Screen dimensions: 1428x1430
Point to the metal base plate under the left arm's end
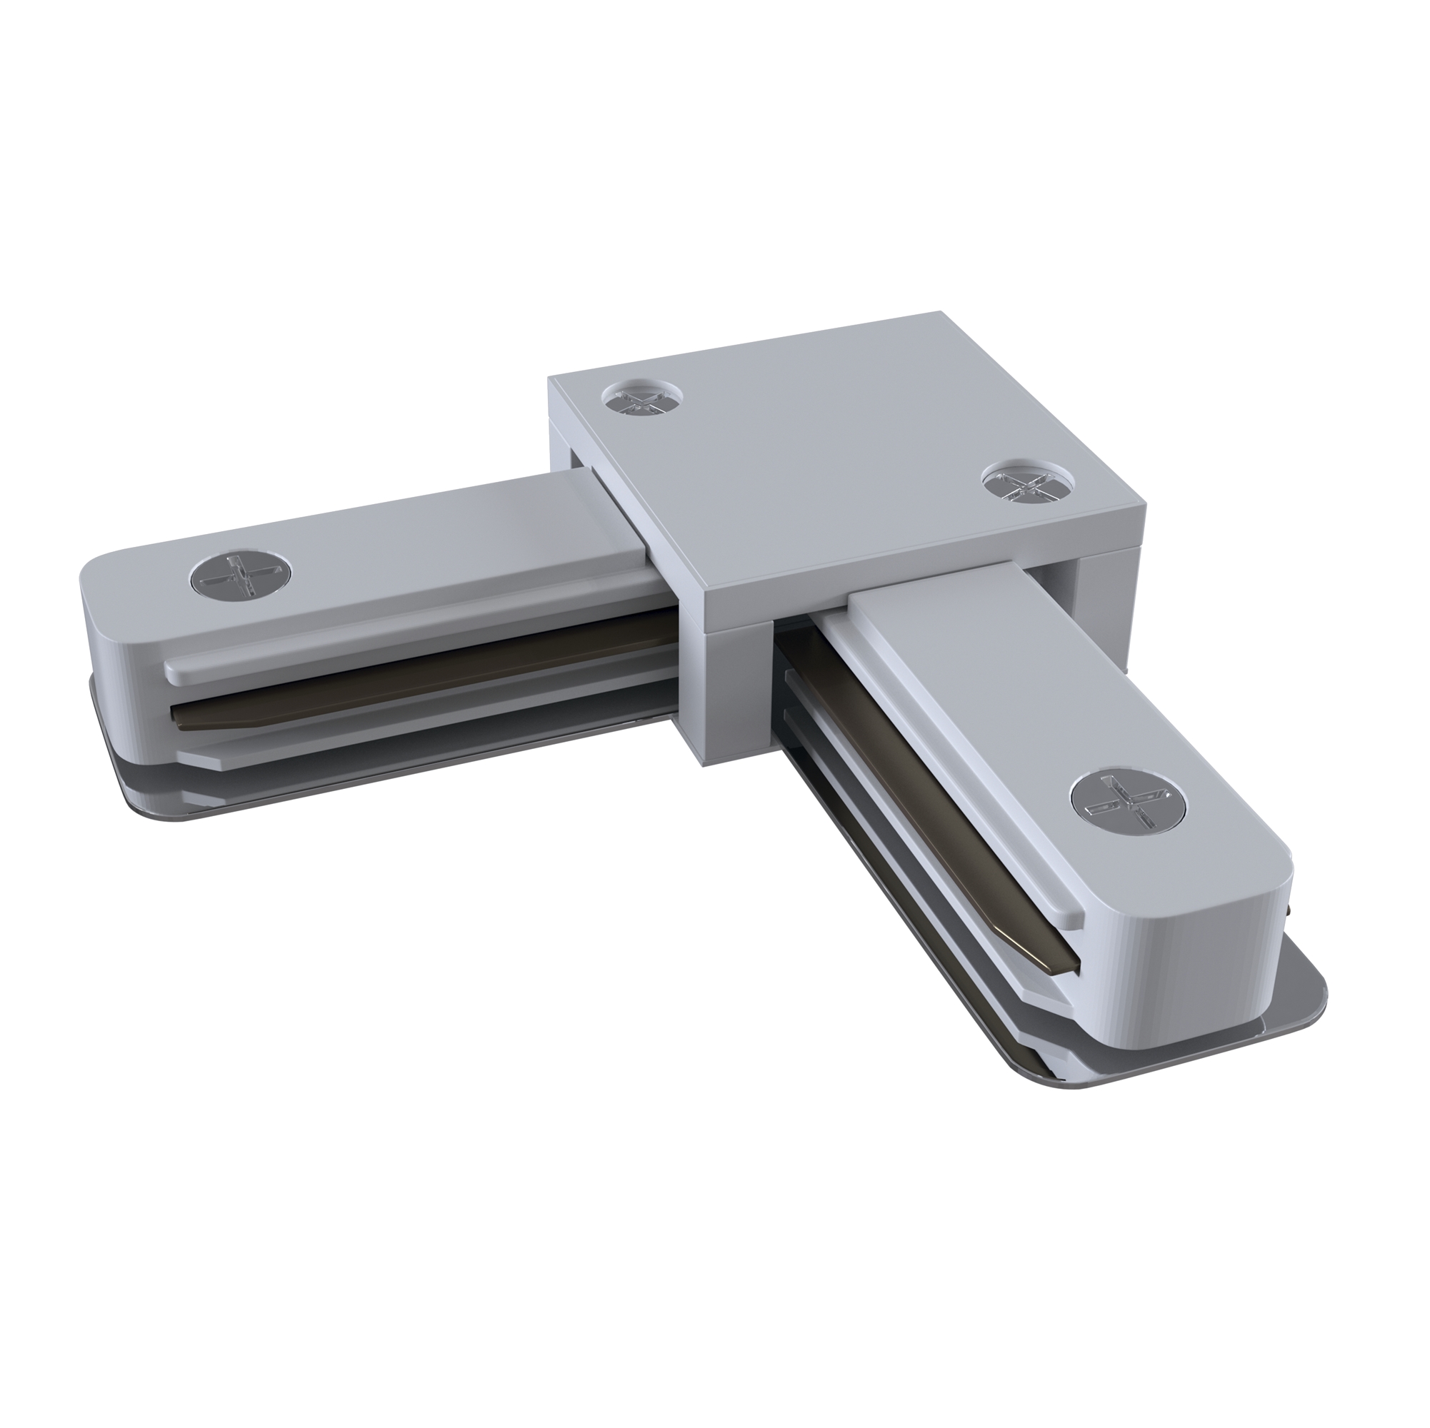134,770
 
